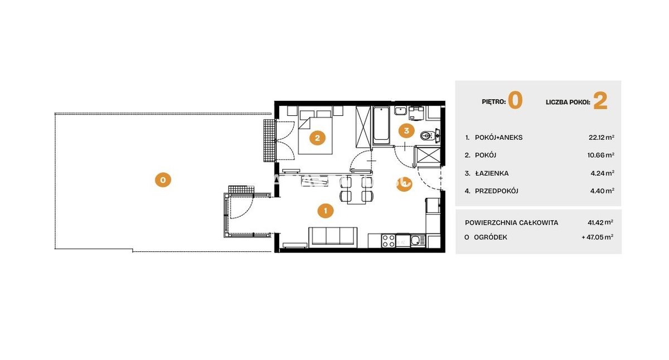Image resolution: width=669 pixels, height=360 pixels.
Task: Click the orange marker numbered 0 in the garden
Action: (x=163, y=180)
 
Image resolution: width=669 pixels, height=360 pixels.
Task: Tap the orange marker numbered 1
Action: (x=325, y=211)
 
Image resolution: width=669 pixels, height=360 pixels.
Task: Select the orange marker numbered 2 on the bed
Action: (x=317, y=138)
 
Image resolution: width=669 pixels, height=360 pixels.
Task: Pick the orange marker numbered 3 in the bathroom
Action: (x=406, y=130)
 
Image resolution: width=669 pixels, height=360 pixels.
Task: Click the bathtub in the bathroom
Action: (x=381, y=125)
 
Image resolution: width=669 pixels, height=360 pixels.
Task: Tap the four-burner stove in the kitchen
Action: (x=388, y=241)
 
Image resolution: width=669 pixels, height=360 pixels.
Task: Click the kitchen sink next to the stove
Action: (x=418, y=240)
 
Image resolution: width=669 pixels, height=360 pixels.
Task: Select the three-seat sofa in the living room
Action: (x=333, y=237)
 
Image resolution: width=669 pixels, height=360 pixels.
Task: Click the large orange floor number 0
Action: (x=515, y=101)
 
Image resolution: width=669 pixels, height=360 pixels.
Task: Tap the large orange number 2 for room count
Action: (x=600, y=101)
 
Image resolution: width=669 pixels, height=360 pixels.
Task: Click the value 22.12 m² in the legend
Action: (x=601, y=137)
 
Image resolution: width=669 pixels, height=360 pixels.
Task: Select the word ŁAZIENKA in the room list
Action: (x=492, y=173)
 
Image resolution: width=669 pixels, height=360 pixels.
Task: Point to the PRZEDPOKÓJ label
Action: (x=496, y=191)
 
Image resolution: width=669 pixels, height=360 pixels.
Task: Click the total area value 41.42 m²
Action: (x=600, y=222)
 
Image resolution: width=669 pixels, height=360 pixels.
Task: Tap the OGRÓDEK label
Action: (x=491, y=237)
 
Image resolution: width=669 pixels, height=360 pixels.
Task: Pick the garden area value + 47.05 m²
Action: (x=597, y=237)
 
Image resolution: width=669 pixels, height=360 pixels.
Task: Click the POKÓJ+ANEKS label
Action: (x=499, y=138)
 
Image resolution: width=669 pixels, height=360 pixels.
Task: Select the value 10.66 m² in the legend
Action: (x=600, y=155)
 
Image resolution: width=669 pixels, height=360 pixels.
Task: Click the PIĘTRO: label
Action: (x=494, y=102)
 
